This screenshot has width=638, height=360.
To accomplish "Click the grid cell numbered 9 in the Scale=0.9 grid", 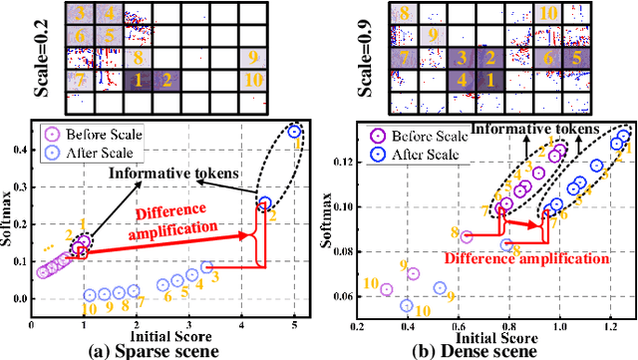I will click(432, 36).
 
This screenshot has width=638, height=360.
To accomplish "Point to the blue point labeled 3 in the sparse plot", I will click(206, 267).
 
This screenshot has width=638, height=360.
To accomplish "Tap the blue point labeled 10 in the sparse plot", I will click(90, 295).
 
